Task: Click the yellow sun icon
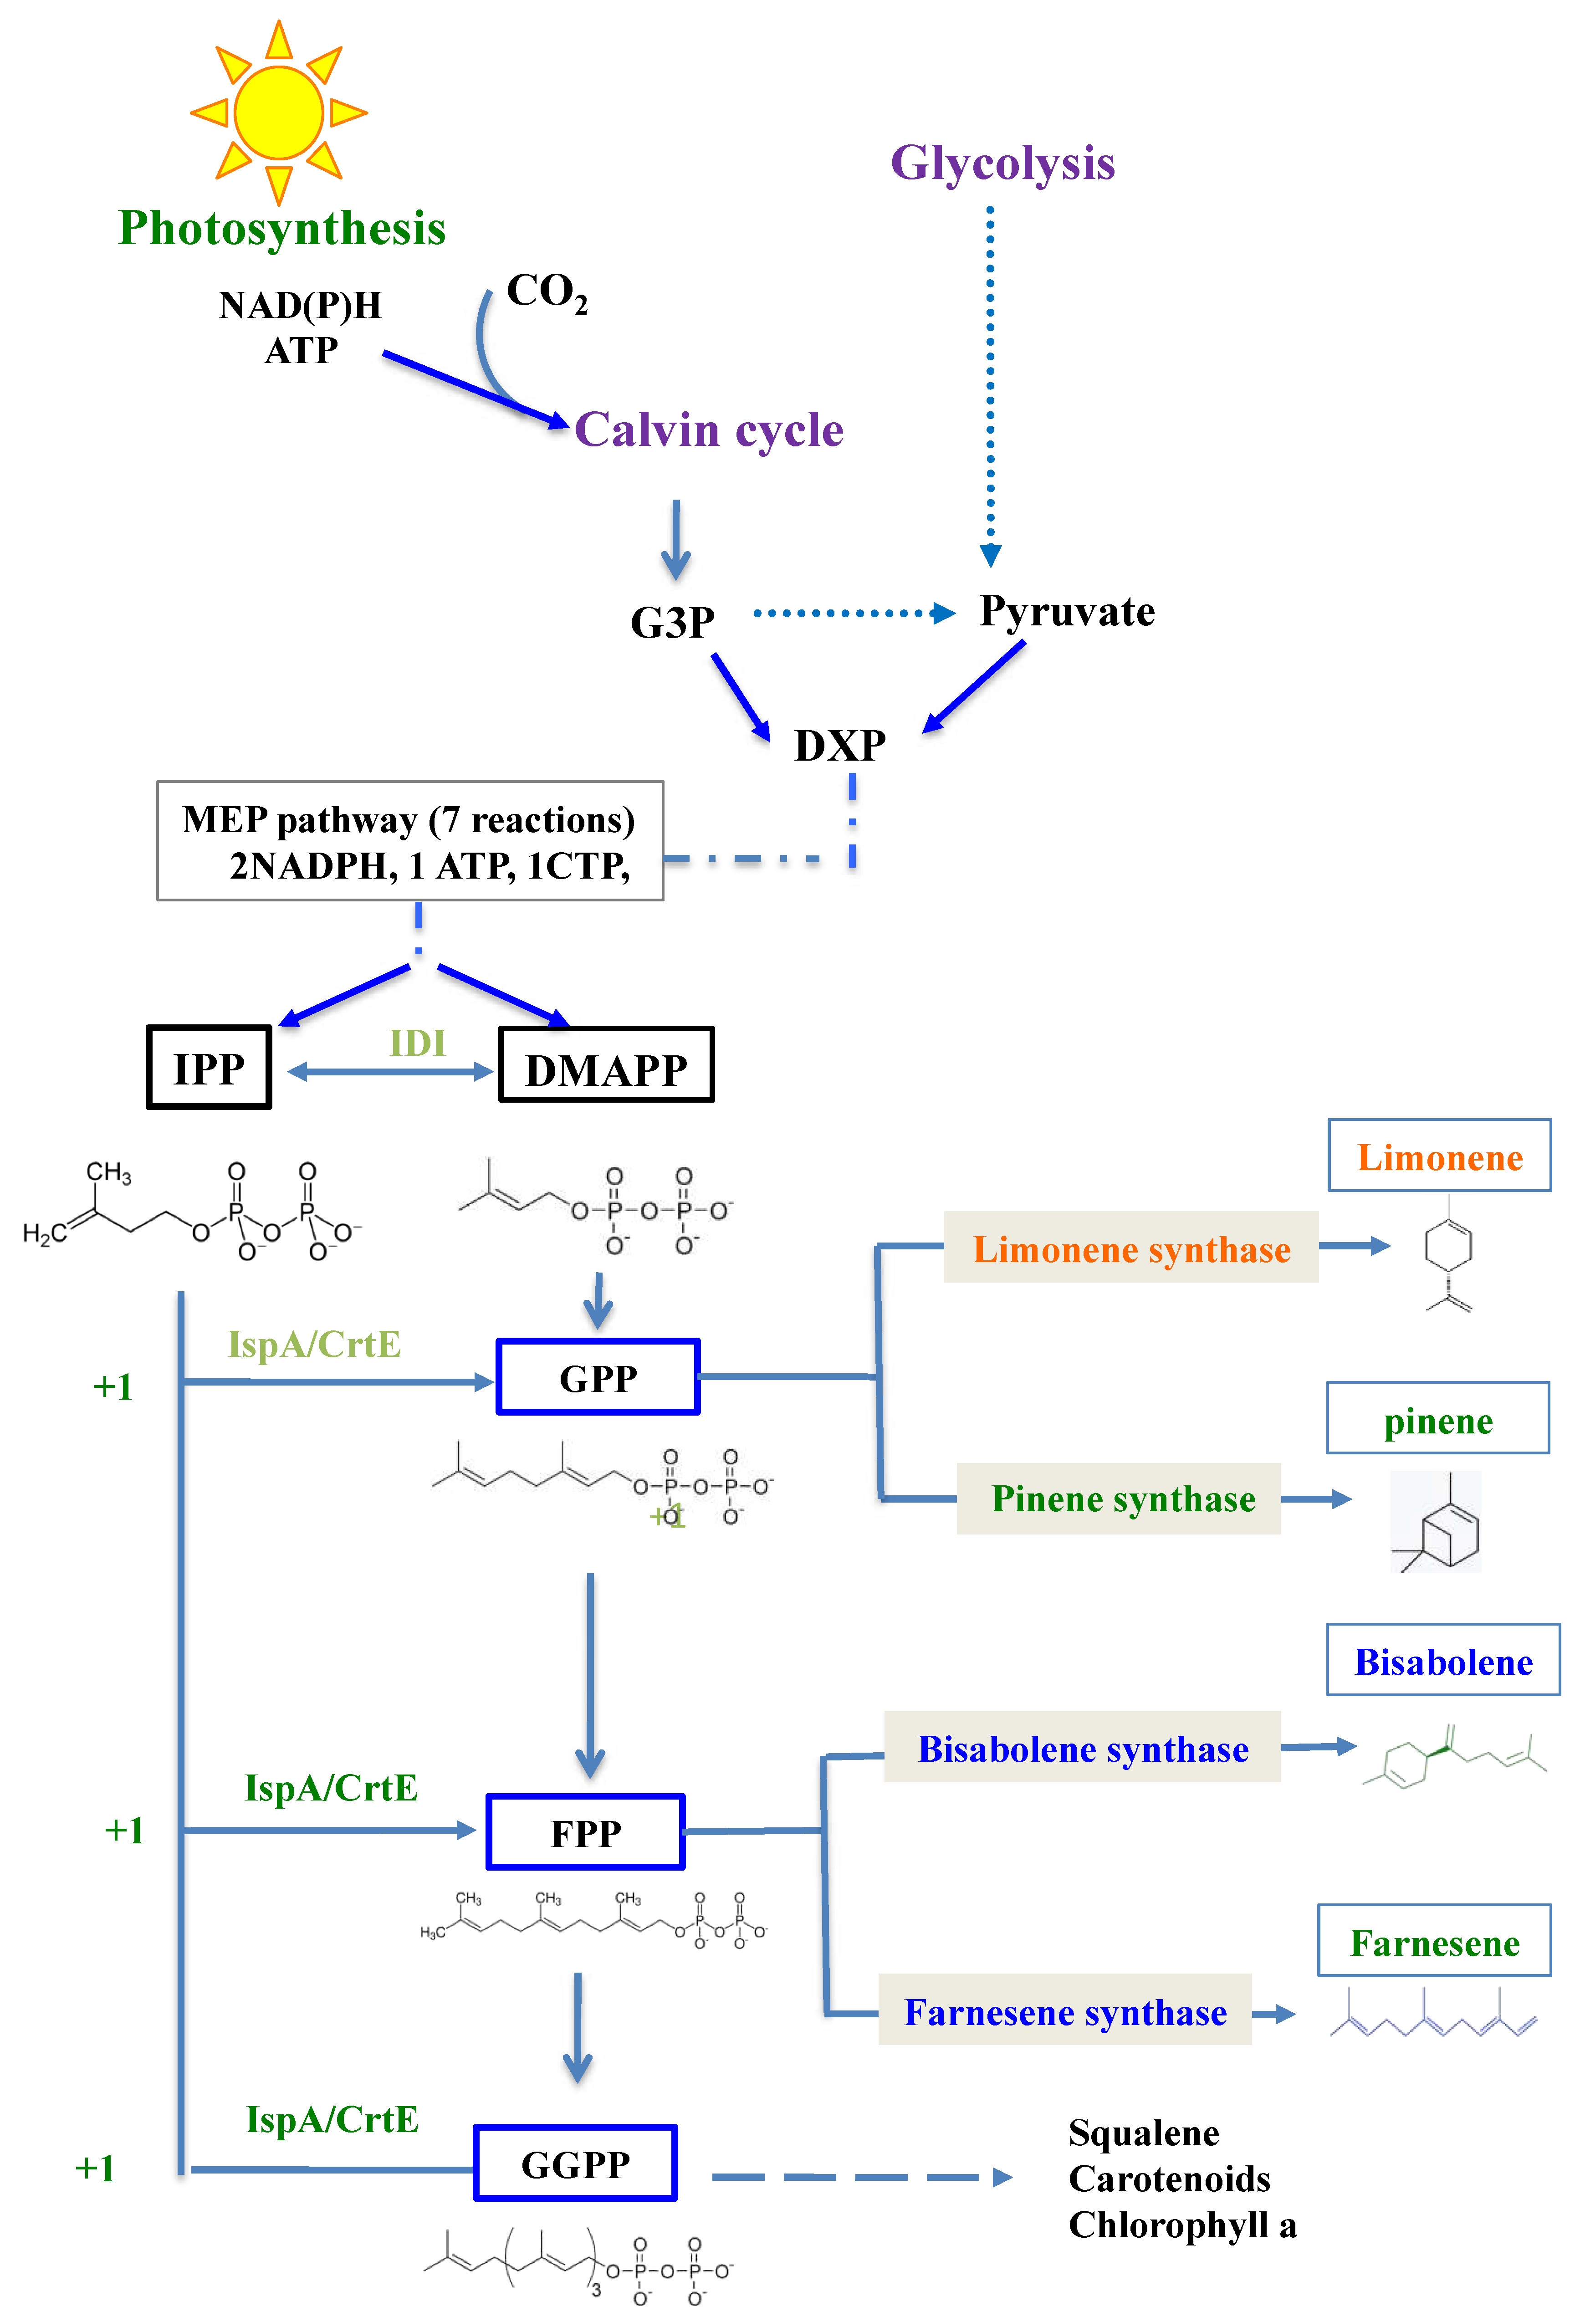[x=279, y=112]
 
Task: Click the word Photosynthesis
[x=282, y=229]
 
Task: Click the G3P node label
[x=673, y=623]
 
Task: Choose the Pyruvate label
[x=1066, y=612]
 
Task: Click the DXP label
[x=839, y=745]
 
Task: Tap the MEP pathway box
[x=410, y=841]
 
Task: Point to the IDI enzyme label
[x=417, y=1043]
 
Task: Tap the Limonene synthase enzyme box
[x=1131, y=1248]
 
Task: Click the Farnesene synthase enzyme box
[x=1065, y=2011]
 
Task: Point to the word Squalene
[x=1143, y=2133]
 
